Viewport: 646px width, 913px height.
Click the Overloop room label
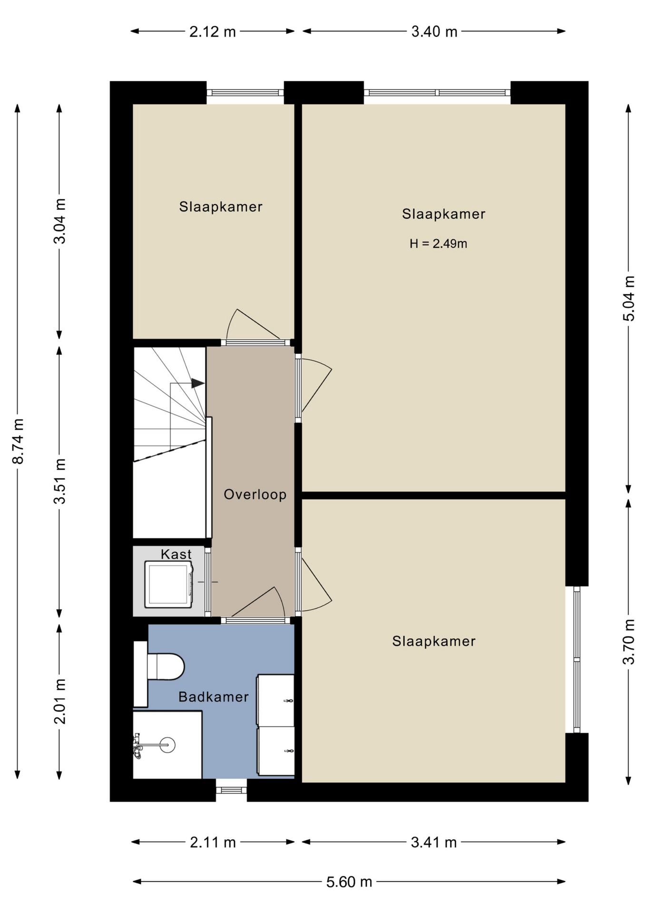click(255, 495)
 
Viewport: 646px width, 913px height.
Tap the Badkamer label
click(214, 697)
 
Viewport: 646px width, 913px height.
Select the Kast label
click(176, 554)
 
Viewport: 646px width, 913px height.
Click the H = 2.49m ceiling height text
click(438, 244)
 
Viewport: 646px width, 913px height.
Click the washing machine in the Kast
click(169, 584)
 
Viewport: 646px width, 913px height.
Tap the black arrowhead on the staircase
click(198, 383)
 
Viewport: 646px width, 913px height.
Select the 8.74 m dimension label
click(18, 441)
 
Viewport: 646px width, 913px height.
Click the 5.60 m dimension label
click(349, 882)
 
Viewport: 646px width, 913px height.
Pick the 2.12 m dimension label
click(213, 32)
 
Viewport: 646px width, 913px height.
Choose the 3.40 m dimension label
click(434, 32)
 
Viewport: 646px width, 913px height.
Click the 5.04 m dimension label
click(629, 298)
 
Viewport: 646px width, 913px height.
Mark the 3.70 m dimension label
click(629, 641)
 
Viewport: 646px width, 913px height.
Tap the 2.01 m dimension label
click(59, 701)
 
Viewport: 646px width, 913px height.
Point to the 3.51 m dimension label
click(59, 481)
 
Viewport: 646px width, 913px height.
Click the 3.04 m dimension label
click(59, 221)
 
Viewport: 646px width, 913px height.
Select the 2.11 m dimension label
click(213, 843)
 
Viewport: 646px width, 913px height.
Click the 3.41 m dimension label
click(433, 843)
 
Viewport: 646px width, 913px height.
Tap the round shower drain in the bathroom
click(167, 745)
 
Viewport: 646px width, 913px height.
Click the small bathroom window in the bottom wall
click(232, 790)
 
